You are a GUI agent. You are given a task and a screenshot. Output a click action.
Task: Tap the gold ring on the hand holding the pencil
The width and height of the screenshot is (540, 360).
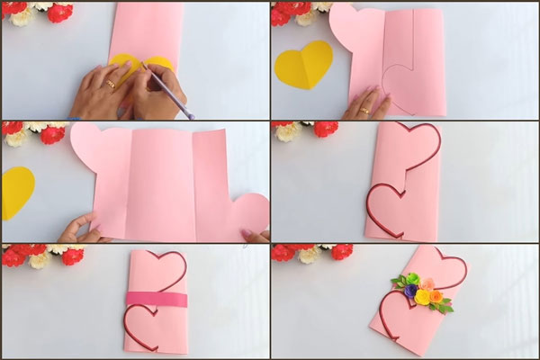coord(112,83)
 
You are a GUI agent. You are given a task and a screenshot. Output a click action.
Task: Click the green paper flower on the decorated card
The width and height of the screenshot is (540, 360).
coord(411,279)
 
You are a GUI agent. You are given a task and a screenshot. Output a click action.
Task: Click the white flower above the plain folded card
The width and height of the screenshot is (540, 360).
coord(288,131)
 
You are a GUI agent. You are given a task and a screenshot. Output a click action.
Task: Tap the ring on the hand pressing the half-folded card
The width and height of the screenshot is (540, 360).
coord(364,111)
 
